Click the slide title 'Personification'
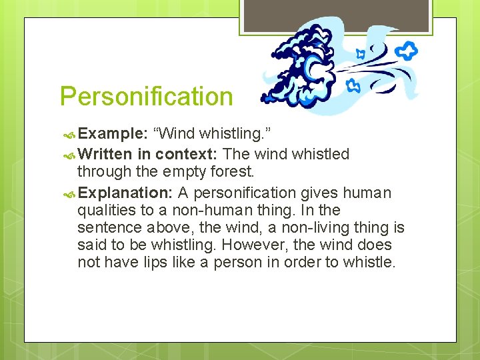(146, 97)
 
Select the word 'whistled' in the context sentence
(319, 154)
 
